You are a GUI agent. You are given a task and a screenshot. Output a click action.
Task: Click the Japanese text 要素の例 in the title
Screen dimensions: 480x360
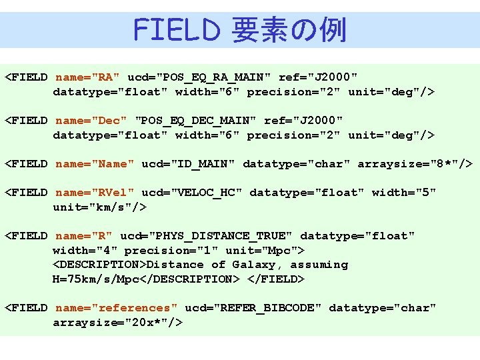(x=288, y=30)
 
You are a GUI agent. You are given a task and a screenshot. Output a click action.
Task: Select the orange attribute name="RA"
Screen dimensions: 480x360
(x=88, y=77)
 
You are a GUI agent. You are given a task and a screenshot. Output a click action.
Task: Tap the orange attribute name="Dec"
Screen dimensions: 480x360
(x=91, y=121)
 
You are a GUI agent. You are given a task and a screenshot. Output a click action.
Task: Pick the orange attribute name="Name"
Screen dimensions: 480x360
(x=95, y=164)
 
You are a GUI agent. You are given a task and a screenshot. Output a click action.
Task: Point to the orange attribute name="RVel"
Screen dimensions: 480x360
(x=95, y=193)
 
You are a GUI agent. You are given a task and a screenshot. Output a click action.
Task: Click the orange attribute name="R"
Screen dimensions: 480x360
(x=84, y=236)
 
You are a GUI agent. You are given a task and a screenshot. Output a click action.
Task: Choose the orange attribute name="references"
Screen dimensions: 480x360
(x=117, y=308)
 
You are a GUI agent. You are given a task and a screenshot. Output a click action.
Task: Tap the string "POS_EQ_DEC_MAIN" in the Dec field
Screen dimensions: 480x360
(x=195, y=121)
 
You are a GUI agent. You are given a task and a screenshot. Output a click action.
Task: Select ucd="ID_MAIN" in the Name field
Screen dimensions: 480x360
(x=189, y=164)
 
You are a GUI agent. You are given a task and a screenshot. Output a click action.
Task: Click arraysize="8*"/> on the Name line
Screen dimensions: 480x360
(x=415, y=164)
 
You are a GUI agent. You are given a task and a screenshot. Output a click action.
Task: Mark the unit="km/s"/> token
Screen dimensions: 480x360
(x=99, y=207)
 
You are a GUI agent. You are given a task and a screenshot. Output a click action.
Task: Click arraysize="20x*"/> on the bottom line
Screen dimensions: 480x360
(x=117, y=323)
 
